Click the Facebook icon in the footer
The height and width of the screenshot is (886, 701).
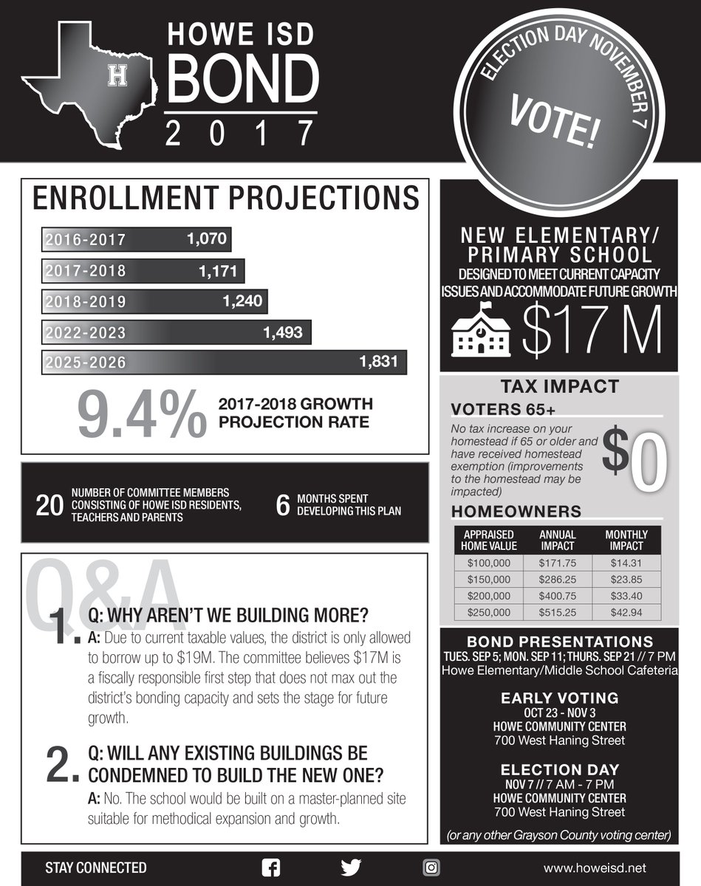pyautogui.click(x=272, y=868)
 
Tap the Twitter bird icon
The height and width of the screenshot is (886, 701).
pyautogui.click(x=351, y=868)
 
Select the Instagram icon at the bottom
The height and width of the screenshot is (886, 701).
pyautogui.click(x=431, y=868)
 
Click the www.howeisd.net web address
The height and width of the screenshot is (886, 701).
pyautogui.click(x=599, y=868)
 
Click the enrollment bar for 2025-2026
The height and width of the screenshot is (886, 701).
pyautogui.click(x=225, y=362)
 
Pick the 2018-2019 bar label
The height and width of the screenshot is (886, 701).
pyautogui.click(x=85, y=301)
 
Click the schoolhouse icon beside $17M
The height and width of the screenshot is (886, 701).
pyautogui.click(x=480, y=330)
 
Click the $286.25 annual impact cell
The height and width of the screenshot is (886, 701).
pyautogui.click(x=558, y=579)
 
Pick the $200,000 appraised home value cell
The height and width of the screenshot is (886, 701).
pyautogui.click(x=490, y=596)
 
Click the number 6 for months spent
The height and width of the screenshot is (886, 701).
pyautogui.click(x=281, y=506)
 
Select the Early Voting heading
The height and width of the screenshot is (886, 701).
pyautogui.click(x=559, y=698)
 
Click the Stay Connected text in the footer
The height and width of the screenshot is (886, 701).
pyautogui.click(x=96, y=868)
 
